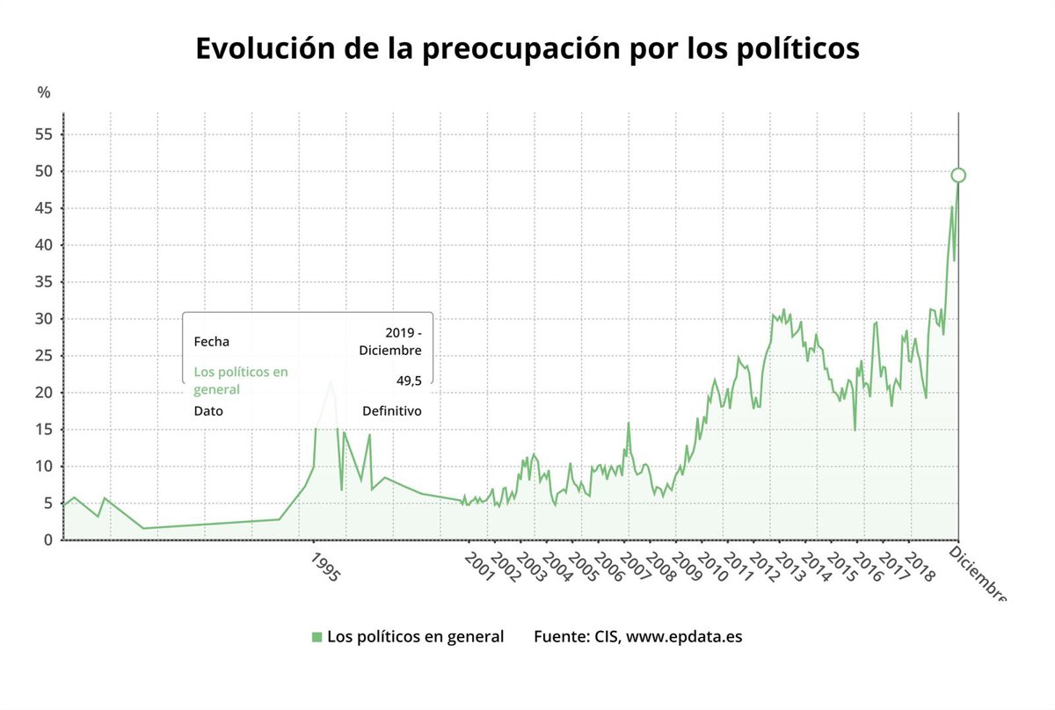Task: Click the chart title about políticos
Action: point(527,48)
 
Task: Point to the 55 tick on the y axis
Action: point(44,134)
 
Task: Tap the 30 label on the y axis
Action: point(44,319)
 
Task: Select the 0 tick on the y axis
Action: point(48,540)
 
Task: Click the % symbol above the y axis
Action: point(44,92)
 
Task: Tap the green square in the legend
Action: point(316,637)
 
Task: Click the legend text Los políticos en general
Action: point(415,636)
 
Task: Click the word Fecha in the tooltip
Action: point(211,342)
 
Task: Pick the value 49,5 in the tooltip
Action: point(409,380)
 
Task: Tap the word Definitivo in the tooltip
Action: point(392,410)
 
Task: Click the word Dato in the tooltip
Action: point(208,410)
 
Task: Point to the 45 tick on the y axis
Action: point(44,208)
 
